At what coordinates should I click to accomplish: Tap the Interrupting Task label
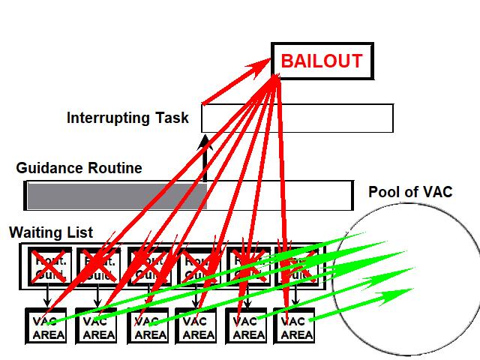(x=127, y=118)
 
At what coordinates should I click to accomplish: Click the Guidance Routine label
(x=79, y=168)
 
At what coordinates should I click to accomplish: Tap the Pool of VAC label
(x=410, y=192)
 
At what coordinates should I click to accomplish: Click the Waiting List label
(x=51, y=232)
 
